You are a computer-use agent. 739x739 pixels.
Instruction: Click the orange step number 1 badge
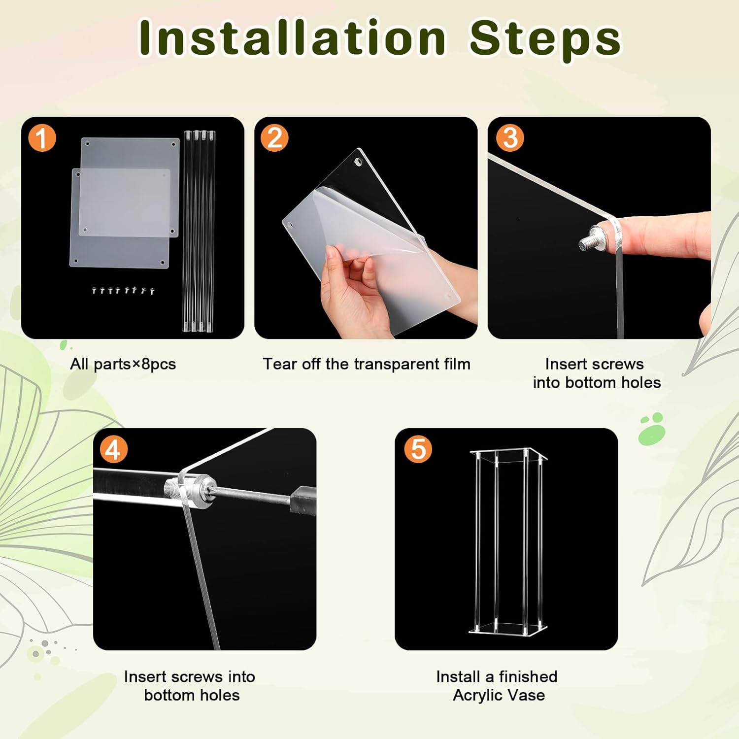[x=42, y=138]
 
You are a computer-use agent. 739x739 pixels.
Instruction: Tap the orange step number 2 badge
[x=274, y=137]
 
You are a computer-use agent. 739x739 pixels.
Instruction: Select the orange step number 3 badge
[x=509, y=137]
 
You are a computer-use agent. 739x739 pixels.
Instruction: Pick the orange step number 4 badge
[x=113, y=449]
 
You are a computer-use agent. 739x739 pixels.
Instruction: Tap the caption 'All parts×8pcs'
[x=123, y=364]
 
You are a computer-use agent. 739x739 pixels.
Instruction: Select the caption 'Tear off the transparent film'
[x=367, y=364]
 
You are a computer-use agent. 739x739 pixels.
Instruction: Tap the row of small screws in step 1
[x=124, y=290]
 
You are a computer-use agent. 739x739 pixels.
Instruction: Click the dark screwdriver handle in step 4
[x=302, y=501]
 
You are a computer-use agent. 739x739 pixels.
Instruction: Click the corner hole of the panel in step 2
[x=358, y=162]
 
